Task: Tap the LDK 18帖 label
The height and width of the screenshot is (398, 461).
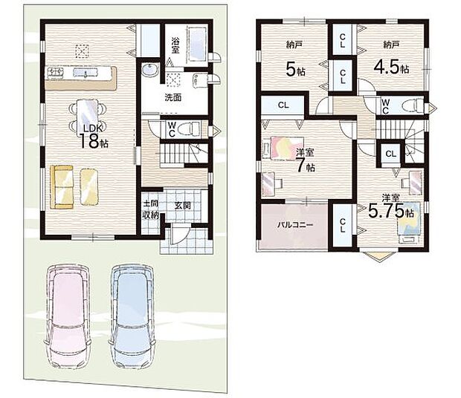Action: point(92,137)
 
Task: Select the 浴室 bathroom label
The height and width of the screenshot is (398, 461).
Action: point(175,45)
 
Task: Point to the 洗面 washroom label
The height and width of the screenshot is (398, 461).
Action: point(173,97)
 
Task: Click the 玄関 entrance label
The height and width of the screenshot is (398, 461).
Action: point(183,206)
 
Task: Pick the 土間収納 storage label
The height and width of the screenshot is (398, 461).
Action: point(150,209)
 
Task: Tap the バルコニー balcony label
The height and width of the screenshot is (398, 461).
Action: point(295,225)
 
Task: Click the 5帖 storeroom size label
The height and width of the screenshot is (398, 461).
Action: point(295,70)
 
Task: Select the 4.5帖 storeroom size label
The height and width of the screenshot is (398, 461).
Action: point(391,68)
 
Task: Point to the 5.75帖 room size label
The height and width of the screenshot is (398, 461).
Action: point(391,211)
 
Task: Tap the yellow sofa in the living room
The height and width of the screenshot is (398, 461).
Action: point(62,187)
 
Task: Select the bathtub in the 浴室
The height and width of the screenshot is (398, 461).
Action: point(196,43)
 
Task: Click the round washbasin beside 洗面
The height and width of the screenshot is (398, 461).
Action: point(150,71)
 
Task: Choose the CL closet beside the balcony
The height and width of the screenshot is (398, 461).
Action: point(342,226)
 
